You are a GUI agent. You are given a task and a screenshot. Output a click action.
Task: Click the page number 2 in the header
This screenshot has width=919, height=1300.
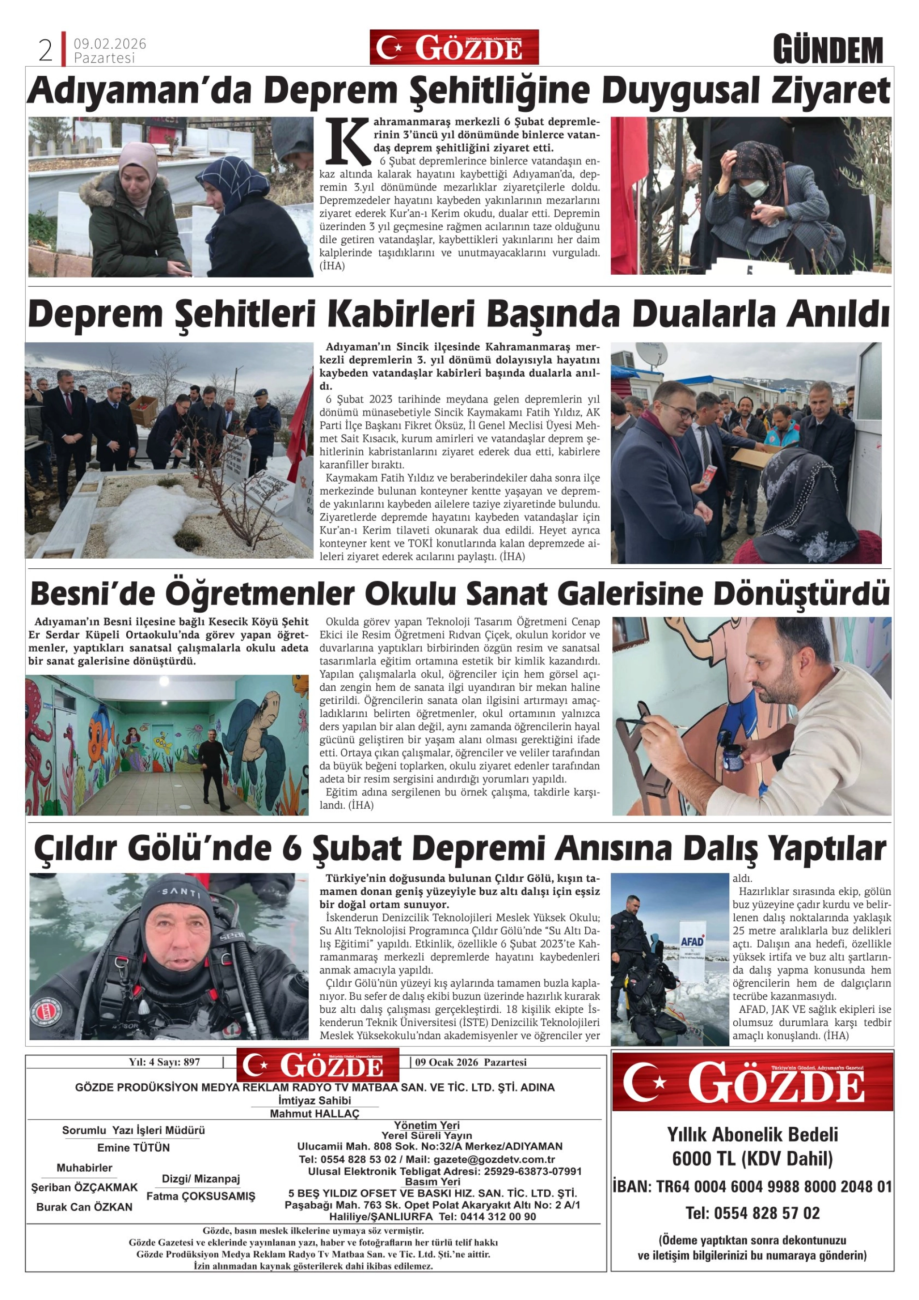[45, 50]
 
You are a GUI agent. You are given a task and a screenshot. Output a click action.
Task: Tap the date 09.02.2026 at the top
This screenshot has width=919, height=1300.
[110, 44]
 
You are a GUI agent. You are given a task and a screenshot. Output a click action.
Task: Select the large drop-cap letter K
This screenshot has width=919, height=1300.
[348, 141]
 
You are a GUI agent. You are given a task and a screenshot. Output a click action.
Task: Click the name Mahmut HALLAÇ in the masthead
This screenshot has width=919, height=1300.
[314, 1114]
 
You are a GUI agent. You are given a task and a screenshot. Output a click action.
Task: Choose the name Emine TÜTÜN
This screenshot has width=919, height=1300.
[133, 1148]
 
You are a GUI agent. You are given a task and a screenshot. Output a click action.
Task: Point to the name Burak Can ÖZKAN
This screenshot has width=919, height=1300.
[84, 1207]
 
